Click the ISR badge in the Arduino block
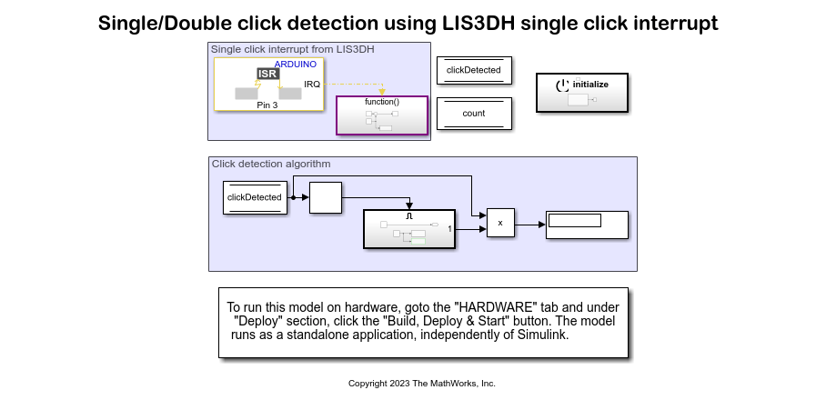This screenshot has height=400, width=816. pyautogui.click(x=267, y=74)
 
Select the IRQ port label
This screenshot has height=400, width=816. pyautogui.click(x=311, y=85)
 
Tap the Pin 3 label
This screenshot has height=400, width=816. pyautogui.click(x=267, y=105)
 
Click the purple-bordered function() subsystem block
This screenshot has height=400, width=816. pyautogui.click(x=382, y=115)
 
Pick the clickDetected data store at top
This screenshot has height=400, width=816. pyautogui.click(x=474, y=70)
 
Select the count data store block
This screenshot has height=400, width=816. pyautogui.click(x=474, y=114)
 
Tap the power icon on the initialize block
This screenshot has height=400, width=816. pyautogui.click(x=562, y=84)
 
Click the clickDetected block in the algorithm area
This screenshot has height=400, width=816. pyautogui.click(x=254, y=197)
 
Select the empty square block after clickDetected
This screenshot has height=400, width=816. pyautogui.click(x=325, y=197)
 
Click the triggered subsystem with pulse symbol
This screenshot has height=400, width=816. pyautogui.click(x=408, y=229)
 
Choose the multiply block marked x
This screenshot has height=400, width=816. pyautogui.click(x=500, y=223)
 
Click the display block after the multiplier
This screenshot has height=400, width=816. pyautogui.click(x=587, y=225)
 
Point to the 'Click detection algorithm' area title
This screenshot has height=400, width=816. pyautogui.click(x=271, y=165)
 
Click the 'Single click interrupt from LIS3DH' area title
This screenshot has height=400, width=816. pyautogui.click(x=292, y=49)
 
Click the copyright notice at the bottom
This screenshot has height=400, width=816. pyautogui.click(x=421, y=384)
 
